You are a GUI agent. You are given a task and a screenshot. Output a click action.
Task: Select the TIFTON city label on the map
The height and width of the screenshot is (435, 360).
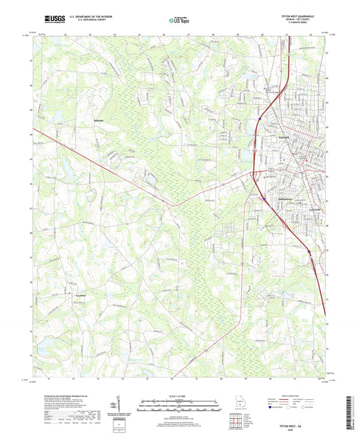point(284,137)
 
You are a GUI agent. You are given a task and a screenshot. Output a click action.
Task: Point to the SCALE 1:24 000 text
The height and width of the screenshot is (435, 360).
point(179,396)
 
